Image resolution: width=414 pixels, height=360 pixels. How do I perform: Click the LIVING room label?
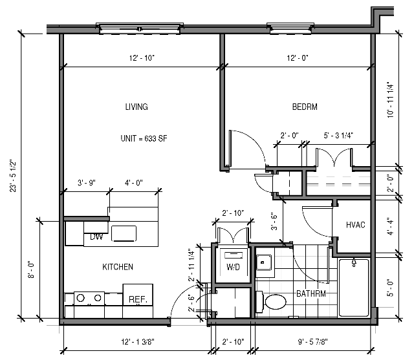[136, 107]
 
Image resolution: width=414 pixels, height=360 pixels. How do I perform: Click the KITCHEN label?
[118, 267]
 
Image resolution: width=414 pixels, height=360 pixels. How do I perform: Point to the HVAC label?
[356, 225]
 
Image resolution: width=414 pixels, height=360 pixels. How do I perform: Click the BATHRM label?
[310, 294]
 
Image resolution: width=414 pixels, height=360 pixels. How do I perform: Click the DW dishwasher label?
[97, 237]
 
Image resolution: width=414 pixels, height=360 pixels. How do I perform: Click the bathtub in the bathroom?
[354, 288]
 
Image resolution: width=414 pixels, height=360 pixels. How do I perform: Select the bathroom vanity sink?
[264, 262]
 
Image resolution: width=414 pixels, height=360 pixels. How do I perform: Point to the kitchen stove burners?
[90, 298]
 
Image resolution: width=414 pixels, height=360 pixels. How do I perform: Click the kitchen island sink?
[125, 232]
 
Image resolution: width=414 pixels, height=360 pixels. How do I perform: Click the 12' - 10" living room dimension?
[142, 58]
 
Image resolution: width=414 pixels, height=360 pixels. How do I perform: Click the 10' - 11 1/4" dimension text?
[389, 98]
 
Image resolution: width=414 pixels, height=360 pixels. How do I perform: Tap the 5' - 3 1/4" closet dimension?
[338, 136]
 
